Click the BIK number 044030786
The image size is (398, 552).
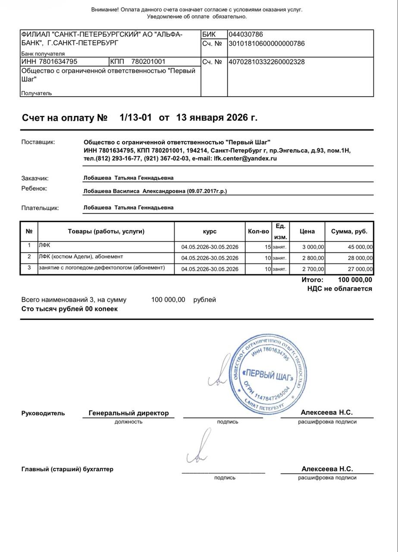246,34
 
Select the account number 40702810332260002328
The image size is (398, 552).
266,62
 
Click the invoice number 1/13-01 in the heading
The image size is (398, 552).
136,117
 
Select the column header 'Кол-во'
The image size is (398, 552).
258,231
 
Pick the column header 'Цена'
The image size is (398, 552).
307,231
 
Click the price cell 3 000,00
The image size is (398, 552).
312,247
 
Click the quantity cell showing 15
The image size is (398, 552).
267,247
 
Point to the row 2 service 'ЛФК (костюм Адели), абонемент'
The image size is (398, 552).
81,257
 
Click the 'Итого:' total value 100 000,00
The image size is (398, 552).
355,280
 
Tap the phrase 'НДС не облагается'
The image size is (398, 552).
339,289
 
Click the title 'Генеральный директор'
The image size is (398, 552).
128,413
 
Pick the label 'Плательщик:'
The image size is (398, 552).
40,208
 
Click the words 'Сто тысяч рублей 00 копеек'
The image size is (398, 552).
69,309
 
